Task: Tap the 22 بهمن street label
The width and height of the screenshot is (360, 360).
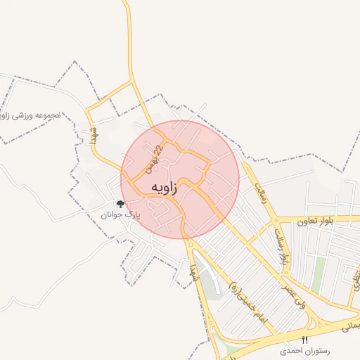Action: pyautogui.click(x=154, y=160)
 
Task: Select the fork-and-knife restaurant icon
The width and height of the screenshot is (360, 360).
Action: pyautogui.click(x=304, y=340)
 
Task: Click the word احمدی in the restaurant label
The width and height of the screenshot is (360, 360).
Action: pyautogui.click(x=276, y=349)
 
